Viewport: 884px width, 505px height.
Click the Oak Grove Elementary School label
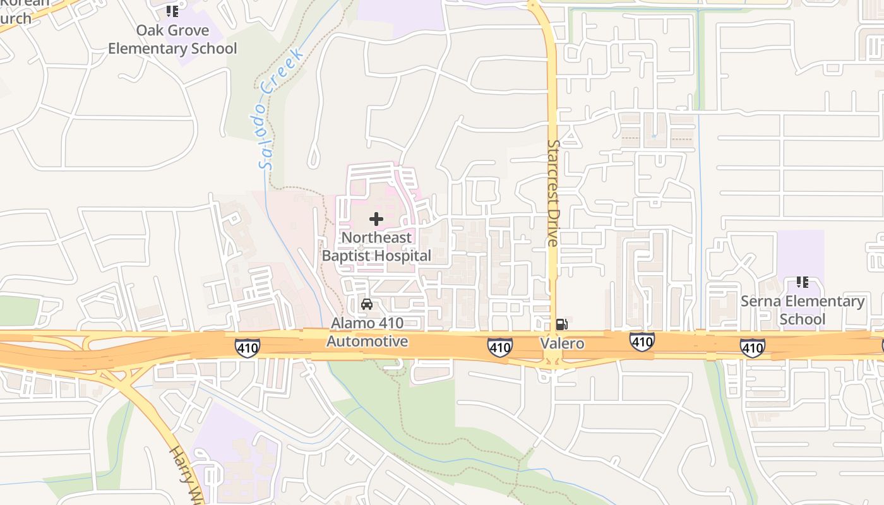[172, 39]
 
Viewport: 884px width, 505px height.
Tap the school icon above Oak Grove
[172, 11]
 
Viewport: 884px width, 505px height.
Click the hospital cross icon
[376, 219]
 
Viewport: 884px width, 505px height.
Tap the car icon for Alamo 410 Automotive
[366, 304]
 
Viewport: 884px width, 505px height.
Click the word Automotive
[367, 342]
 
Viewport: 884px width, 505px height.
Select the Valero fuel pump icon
[561, 325]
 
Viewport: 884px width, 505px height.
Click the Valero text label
[562, 343]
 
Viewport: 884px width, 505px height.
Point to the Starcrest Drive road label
[553, 193]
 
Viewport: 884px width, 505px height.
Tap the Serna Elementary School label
[803, 310]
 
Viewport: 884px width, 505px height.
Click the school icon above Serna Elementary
[803, 282]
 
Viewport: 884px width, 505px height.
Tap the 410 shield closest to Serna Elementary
[753, 347]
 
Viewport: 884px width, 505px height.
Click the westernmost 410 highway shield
[248, 347]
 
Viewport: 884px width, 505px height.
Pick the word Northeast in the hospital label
[376, 237]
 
